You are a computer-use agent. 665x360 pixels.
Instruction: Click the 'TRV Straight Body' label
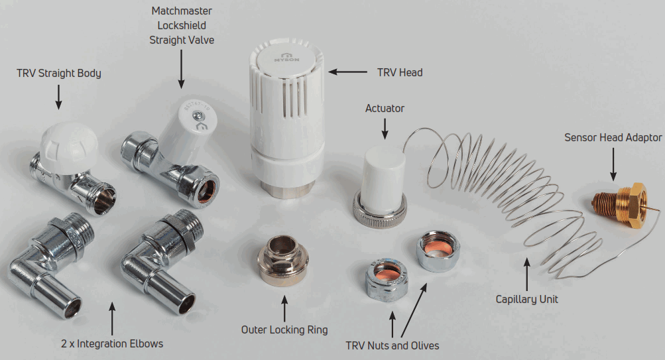tap(59, 73)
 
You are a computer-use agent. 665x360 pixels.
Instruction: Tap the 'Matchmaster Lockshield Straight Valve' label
tap(182, 26)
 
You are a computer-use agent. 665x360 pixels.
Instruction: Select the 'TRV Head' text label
tap(400, 72)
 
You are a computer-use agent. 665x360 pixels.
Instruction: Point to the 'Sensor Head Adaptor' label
tap(613, 138)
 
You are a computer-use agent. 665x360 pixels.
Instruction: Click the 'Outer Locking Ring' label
tap(284, 329)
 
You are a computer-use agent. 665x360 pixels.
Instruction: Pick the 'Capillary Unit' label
tap(527, 299)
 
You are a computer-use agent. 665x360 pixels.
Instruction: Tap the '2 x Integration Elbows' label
tap(112, 343)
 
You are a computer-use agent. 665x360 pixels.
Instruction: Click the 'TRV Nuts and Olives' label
tap(393, 345)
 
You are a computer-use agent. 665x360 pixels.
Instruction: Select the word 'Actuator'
tap(385, 108)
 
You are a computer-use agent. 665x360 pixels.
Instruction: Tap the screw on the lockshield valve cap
tap(197, 117)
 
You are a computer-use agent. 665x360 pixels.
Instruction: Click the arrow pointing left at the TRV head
tap(348, 72)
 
